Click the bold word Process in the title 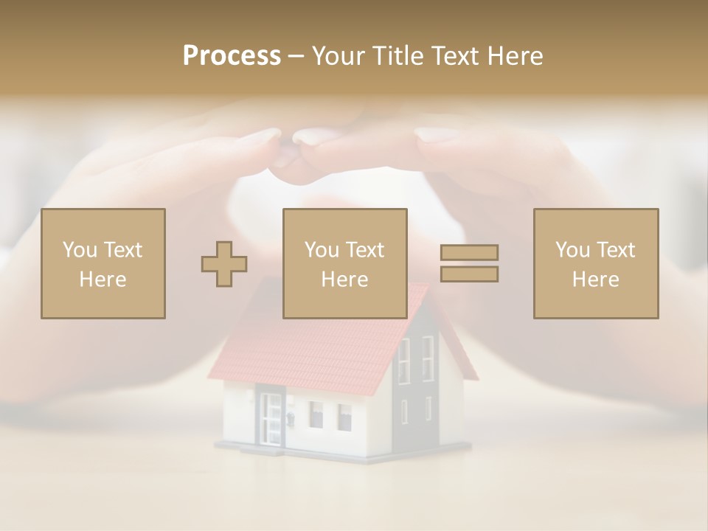(x=232, y=55)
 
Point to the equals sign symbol (x=469, y=263)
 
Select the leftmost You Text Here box (x=103, y=263)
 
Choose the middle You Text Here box (x=344, y=263)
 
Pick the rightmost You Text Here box (x=595, y=263)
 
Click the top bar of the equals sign (x=469, y=253)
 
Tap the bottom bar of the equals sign (x=469, y=274)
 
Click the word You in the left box (x=80, y=249)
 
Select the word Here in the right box (x=595, y=279)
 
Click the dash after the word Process (x=296, y=56)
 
